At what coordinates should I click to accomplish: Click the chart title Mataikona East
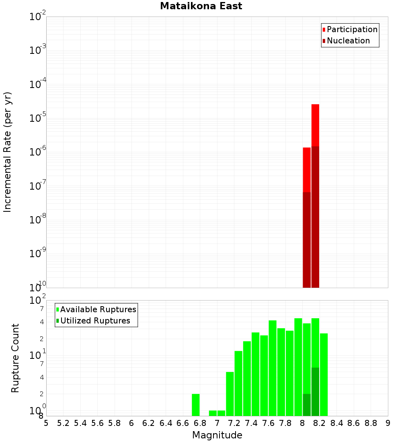coord(201,6)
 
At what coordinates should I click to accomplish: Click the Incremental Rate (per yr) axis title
coord(8,152)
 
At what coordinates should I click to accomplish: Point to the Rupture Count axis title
coord(15,358)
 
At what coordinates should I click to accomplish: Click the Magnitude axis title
coord(217,435)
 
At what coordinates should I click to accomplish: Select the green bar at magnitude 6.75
coord(195,405)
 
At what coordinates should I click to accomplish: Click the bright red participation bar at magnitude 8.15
coord(315,125)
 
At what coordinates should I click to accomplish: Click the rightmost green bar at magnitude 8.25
coord(324,374)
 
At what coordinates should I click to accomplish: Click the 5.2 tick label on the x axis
coord(63,423)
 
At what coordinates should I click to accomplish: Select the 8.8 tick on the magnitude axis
coord(371,423)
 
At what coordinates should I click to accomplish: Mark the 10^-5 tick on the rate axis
coord(37,118)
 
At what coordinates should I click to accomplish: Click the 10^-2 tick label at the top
coord(37,17)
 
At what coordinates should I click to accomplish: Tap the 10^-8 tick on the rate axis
coord(37,220)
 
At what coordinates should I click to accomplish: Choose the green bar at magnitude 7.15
coord(230,394)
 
